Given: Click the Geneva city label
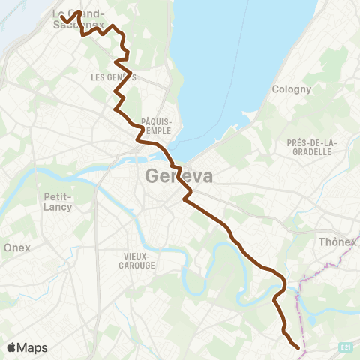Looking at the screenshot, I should (176, 176).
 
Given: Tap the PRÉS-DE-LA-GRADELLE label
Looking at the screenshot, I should (313, 147).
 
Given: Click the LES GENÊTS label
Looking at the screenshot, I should (112, 77).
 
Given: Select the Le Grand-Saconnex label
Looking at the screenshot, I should (78, 19).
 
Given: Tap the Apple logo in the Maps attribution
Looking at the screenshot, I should (12, 347).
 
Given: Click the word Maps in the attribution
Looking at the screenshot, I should (33, 347).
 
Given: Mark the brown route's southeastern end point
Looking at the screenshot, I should (298, 347).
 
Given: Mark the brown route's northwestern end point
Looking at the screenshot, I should (63, 16).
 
